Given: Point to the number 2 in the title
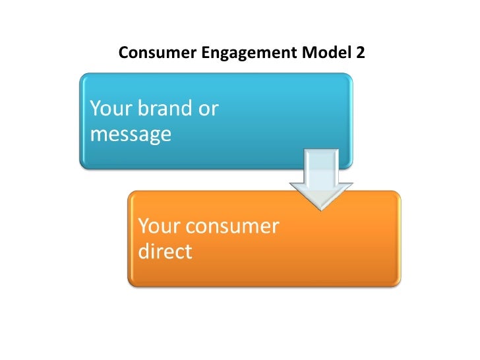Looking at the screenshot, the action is click(359, 53).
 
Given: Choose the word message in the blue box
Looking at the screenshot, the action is click(130, 135).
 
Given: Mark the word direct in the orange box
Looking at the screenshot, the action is click(165, 252).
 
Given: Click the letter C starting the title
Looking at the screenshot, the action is click(123, 53).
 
